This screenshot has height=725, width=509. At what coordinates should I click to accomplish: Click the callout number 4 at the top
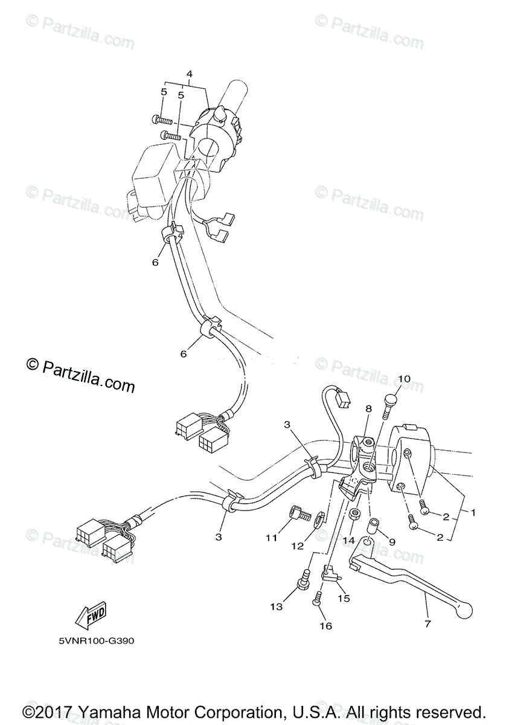pos(189,74)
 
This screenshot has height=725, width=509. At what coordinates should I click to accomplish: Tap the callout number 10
pos(404,379)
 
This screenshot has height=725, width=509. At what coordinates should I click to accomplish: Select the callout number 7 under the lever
pos(427,624)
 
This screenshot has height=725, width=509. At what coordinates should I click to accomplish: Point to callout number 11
pos(272,537)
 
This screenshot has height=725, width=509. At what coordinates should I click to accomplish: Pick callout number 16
pos(325,626)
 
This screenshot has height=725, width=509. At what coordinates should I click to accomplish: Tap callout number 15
pos(344,598)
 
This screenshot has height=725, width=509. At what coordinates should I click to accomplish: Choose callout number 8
pos(368,409)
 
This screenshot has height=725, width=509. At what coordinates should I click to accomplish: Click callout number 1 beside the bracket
pos(473,512)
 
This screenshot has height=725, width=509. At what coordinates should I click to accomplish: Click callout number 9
pos(392,542)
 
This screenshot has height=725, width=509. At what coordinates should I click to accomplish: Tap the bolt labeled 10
pos(389,402)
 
